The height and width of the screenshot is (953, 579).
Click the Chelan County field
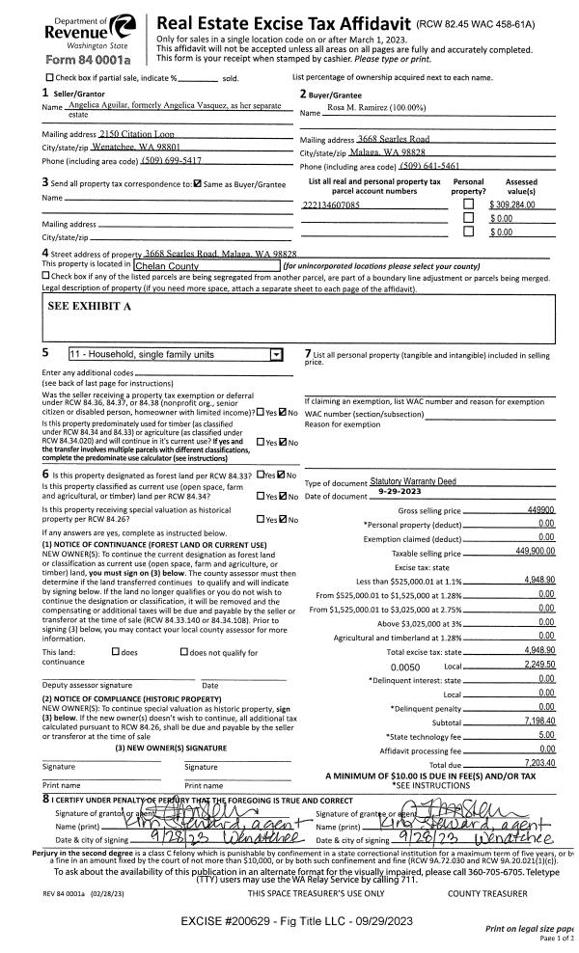(x=205, y=265)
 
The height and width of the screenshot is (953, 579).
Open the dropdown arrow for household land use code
(x=279, y=355)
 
